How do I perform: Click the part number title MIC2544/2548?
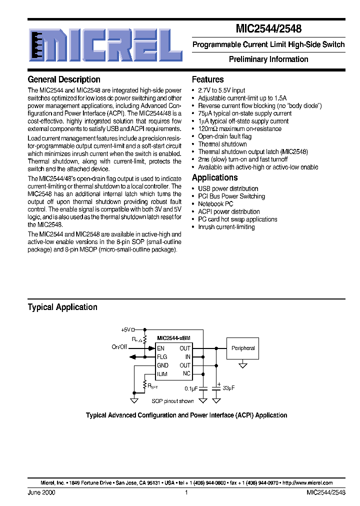[268, 29]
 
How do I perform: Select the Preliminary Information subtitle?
[268, 59]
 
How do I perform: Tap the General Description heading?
[64, 79]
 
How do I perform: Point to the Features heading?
[207, 79]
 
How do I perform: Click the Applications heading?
[214, 177]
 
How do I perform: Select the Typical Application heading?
[62, 307]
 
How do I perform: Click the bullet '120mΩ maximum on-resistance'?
[239, 129]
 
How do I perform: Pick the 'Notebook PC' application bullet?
[215, 204]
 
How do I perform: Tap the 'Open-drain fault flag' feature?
[224, 136]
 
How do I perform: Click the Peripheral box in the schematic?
[243, 348]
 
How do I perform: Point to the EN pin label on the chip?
[160, 348]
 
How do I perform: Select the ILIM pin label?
[162, 374]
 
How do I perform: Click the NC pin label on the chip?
[186, 374]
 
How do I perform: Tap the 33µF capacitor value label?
[228, 388]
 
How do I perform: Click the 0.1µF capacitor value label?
[191, 388]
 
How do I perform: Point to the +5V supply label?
[125, 329]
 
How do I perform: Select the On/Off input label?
[119, 347]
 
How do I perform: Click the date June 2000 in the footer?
[41, 492]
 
